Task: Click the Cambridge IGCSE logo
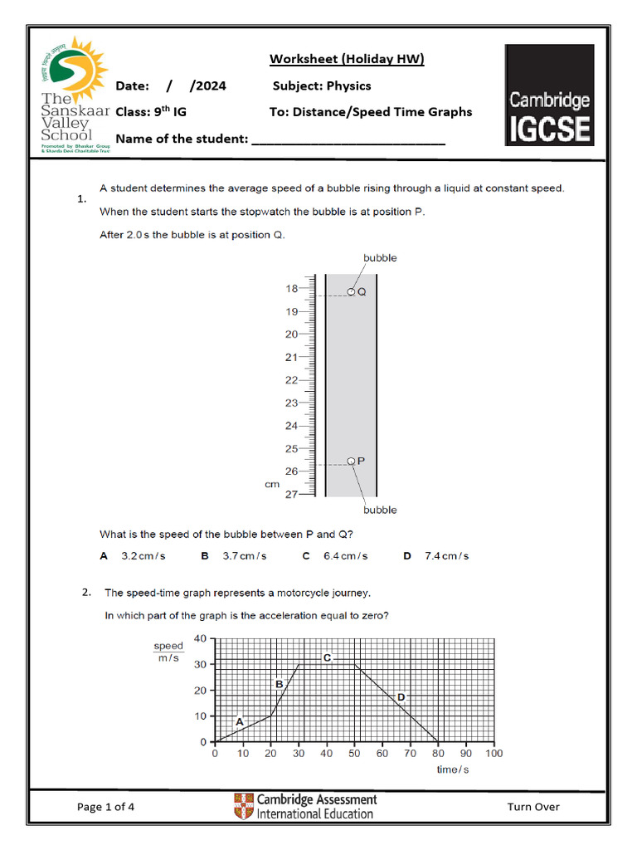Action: pyautogui.click(x=549, y=95)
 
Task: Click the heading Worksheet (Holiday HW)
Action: pyautogui.click(x=347, y=59)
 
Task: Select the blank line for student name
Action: pyautogui.click(x=348, y=139)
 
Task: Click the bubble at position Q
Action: pyautogui.click(x=352, y=291)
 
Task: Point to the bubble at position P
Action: pyautogui.click(x=351, y=461)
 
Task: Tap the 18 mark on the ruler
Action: pyautogui.click(x=291, y=289)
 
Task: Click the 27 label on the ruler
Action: pyautogui.click(x=291, y=495)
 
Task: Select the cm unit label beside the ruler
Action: pyautogui.click(x=272, y=484)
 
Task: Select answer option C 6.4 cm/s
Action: pyautogui.click(x=335, y=556)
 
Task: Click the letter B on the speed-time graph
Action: pyautogui.click(x=280, y=684)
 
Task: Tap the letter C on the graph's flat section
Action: pyautogui.click(x=327, y=657)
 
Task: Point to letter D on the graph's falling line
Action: pyautogui.click(x=401, y=698)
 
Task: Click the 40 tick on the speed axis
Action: pyautogui.click(x=200, y=638)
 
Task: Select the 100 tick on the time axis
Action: pyautogui.click(x=494, y=754)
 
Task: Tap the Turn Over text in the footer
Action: pyautogui.click(x=533, y=807)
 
